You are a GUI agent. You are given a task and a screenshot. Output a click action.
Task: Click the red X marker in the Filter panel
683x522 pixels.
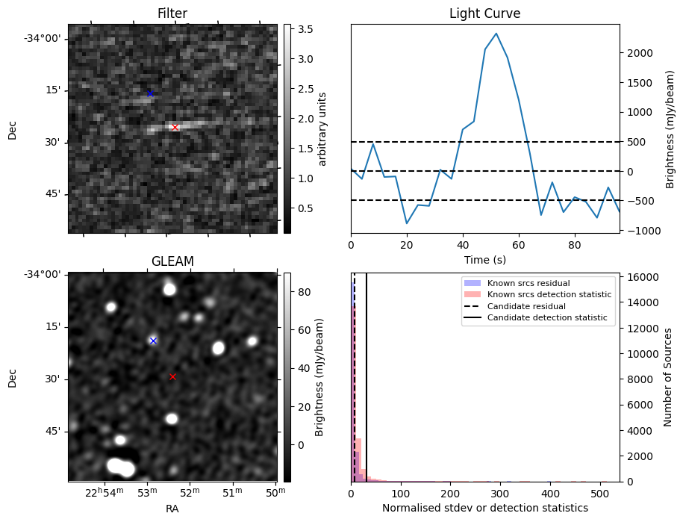[x=175, y=128]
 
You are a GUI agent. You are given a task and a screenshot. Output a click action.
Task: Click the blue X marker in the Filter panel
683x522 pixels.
[x=150, y=93]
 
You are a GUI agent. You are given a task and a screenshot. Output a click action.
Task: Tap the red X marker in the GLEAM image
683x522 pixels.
[x=172, y=376]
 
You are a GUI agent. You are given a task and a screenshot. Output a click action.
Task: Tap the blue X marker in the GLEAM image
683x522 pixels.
[x=153, y=341]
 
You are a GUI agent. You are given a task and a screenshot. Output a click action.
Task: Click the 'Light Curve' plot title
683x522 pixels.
[x=484, y=13]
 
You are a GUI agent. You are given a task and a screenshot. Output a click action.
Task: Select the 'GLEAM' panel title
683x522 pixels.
[x=172, y=261]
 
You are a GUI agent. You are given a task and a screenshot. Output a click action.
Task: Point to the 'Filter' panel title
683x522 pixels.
[x=172, y=13]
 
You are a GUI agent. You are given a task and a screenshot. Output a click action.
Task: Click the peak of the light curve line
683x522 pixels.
[x=496, y=34]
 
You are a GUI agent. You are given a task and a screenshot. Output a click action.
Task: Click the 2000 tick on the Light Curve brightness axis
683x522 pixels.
[x=635, y=53]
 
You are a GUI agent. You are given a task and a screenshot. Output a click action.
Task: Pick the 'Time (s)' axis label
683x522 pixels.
[x=484, y=259]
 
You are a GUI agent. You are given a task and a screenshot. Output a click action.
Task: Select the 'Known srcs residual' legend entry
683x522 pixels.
[x=528, y=284]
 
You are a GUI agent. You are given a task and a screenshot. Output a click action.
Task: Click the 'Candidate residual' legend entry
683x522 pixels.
[x=522, y=307]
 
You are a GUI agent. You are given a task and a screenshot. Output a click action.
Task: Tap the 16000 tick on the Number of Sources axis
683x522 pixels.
[x=639, y=277]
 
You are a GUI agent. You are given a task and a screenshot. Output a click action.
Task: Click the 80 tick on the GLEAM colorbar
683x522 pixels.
[x=301, y=292]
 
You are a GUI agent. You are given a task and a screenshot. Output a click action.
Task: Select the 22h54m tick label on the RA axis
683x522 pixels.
[x=104, y=492]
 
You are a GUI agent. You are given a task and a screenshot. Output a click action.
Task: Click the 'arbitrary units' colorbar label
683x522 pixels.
[x=322, y=128]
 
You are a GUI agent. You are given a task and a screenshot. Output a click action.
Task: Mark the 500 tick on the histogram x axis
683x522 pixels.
[x=599, y=494]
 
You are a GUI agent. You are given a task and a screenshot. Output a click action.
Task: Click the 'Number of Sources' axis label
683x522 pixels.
[x=669, y=377]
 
